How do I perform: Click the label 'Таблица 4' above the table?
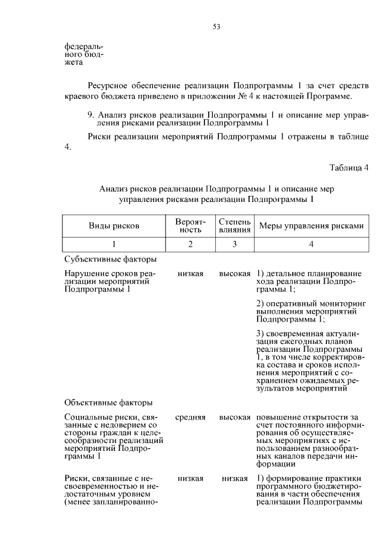[349, 167]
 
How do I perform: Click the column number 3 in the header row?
[235, 244]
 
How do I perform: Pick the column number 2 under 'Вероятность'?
[190, 244]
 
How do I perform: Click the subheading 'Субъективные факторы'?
[111, 259]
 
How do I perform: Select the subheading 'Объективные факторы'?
[108, 402]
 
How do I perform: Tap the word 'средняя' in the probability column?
[190, 418]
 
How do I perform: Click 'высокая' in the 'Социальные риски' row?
[235, 418]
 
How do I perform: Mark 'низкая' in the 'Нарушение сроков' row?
[190, 274]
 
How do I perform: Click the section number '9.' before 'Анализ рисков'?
[91, 114]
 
